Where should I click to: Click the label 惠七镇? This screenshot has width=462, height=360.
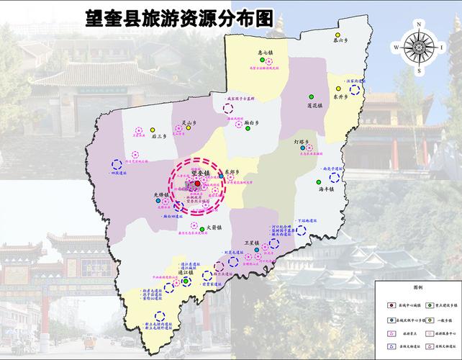(266, 53)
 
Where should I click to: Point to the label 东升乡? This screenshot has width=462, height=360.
(340, 96)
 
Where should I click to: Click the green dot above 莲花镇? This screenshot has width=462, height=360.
(312, 96)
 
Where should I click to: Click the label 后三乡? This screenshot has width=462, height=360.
(159, 135)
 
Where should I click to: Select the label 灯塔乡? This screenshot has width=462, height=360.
(302, 143)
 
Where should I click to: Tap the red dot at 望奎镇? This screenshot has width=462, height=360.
(198, 184)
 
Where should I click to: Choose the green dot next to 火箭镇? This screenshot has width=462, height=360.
(201, 228)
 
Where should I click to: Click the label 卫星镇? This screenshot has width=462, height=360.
(252, 244)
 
